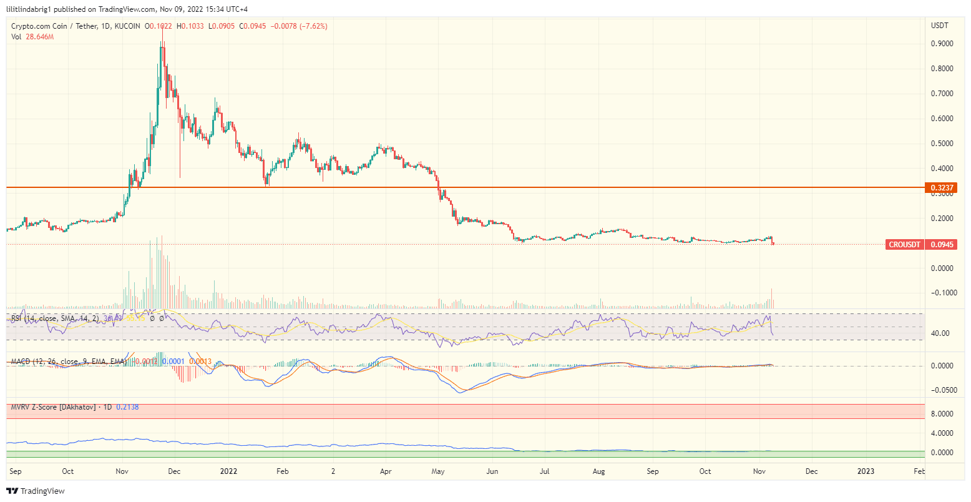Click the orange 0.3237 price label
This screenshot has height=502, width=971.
(941, 188)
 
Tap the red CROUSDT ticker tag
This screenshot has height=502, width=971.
(904, 245)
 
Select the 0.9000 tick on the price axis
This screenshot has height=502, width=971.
(942, 44)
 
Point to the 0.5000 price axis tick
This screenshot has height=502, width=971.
(942, 144)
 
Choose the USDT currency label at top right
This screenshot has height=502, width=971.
(939, 26)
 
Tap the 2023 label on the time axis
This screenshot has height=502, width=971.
(866, 471)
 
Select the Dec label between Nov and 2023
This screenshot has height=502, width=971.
(811, 471)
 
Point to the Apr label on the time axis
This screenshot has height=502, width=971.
(386, 471)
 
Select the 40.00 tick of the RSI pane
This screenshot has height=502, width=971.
(940, 333)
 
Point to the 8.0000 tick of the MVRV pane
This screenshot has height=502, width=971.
(942, 414)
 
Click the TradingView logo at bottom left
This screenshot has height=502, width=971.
(36, 491)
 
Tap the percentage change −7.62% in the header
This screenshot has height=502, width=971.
(313, 26)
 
